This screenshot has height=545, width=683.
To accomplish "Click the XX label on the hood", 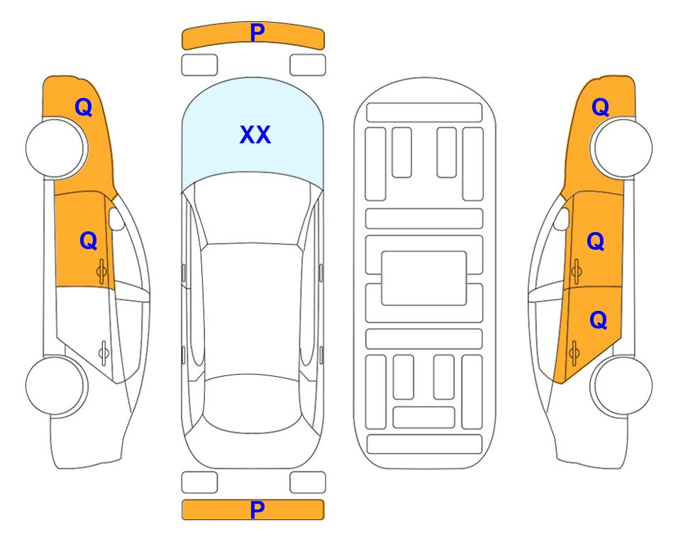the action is click(255, 135).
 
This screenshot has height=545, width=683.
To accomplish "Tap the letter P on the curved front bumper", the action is click(257, 32).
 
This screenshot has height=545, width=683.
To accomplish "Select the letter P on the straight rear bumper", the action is click(257, 510).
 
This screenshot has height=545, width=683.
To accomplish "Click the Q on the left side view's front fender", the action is click(84, 107).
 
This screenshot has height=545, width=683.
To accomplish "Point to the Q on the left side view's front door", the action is click(89, 241).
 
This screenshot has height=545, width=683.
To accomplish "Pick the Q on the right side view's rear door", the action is click(598, 321).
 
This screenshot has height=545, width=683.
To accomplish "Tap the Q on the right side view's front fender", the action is click(600, 107).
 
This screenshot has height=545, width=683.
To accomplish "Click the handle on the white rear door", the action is click(104, 352).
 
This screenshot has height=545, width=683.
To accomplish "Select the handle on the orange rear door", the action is click(574, 353).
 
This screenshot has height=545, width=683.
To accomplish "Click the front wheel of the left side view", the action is click(56, 148).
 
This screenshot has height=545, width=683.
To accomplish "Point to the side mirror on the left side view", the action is click(116, 219).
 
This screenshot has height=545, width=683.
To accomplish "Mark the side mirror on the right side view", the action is click(562, 219).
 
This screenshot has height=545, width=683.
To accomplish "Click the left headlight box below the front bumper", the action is click(199, 65).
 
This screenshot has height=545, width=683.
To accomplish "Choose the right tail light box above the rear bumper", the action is click(308, 483).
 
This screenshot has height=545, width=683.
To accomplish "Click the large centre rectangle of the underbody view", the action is click(424, 278).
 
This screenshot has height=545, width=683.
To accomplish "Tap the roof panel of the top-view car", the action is click(252, 309).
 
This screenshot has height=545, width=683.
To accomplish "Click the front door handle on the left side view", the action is click(101, 272).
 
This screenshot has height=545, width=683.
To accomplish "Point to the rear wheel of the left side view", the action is click(56, 385).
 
